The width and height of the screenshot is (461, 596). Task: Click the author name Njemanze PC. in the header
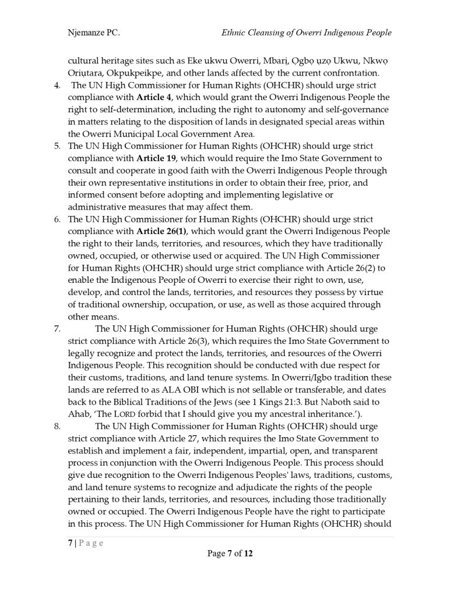(94, 33)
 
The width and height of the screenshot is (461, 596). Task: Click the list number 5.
(57, 146)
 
